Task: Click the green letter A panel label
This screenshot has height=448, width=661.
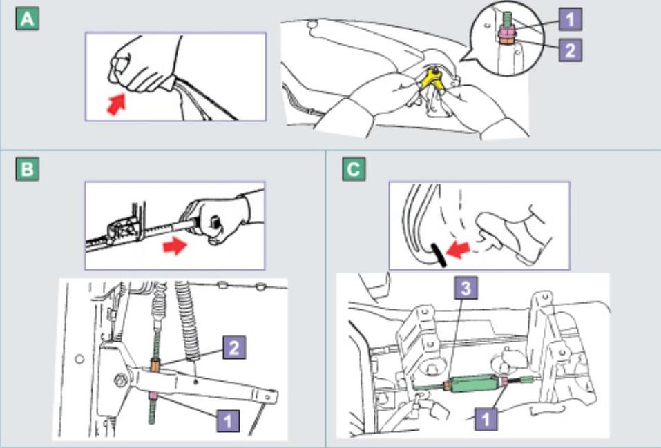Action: click(x=27, y=19)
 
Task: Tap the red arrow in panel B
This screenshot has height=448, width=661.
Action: click(x=174, y=244)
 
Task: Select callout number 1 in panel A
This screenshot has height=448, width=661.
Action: click(x=571, y=19)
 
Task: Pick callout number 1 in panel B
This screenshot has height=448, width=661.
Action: click(x=228, y=420)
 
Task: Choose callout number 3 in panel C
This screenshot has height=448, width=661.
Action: click(x=467, y=289)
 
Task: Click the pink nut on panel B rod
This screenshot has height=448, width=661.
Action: click(x=151, y=396)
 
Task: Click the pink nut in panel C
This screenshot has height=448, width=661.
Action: click(x=506, y=381)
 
